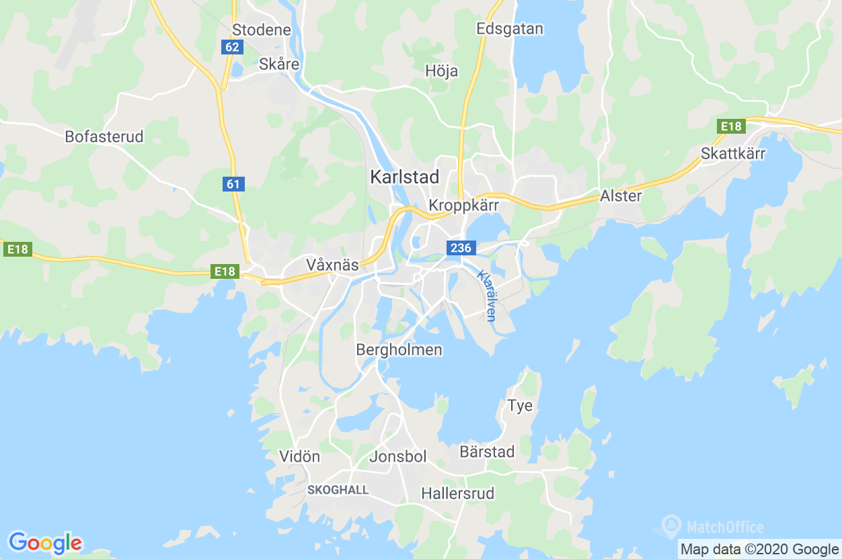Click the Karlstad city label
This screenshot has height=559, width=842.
404,177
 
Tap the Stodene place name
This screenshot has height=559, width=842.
262,30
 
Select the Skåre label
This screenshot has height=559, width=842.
279,64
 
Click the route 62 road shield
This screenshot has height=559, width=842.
232,47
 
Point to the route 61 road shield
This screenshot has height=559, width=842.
233,183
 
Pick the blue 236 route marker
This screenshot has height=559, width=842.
461,248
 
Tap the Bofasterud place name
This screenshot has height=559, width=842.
104,136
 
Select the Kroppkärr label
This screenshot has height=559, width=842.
463,205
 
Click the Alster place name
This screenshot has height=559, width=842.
621,196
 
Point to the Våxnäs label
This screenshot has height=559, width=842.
332,264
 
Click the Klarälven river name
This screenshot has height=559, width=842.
487,296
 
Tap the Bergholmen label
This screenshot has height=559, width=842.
399,349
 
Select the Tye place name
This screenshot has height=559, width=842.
520,405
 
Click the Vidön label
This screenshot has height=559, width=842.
299,457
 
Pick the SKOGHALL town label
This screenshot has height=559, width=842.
338,490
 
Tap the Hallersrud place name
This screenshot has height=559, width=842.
457,494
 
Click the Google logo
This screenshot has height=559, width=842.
45,542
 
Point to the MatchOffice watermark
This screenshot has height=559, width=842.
713,526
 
